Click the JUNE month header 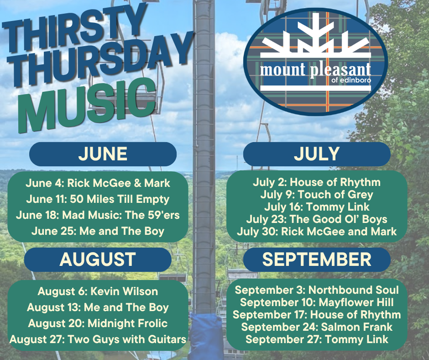[x=103, y=154]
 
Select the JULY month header [x=316, y=154]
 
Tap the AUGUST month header [x=98, y=259]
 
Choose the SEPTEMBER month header [x=316, y=259]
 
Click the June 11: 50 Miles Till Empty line [x=98, y=199]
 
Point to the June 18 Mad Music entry [x=98, y=215]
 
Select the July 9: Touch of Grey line [x=316, y=195]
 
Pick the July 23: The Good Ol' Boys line [x=316, y=219]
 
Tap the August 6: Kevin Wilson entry [x=98, y=291]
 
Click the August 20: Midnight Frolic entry [x=98, y=323]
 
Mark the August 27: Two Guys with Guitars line [x=98, y=339]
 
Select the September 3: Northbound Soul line [x=316, y=290]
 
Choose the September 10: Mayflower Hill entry [x=316, y=302]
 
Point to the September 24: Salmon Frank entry [x=316, y=327]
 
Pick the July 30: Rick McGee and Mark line [x=316, y=231]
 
